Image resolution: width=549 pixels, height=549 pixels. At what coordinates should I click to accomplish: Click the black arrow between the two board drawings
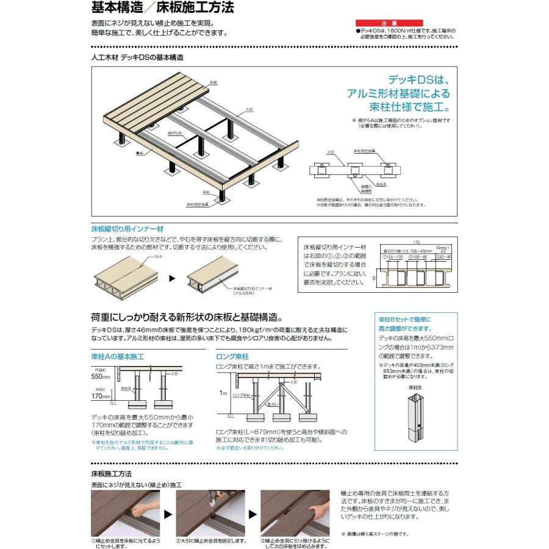click(172, 278)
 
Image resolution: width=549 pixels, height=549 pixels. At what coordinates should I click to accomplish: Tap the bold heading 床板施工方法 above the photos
click(111, 473)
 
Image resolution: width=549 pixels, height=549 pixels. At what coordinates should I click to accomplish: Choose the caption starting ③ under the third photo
click(295, 544)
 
